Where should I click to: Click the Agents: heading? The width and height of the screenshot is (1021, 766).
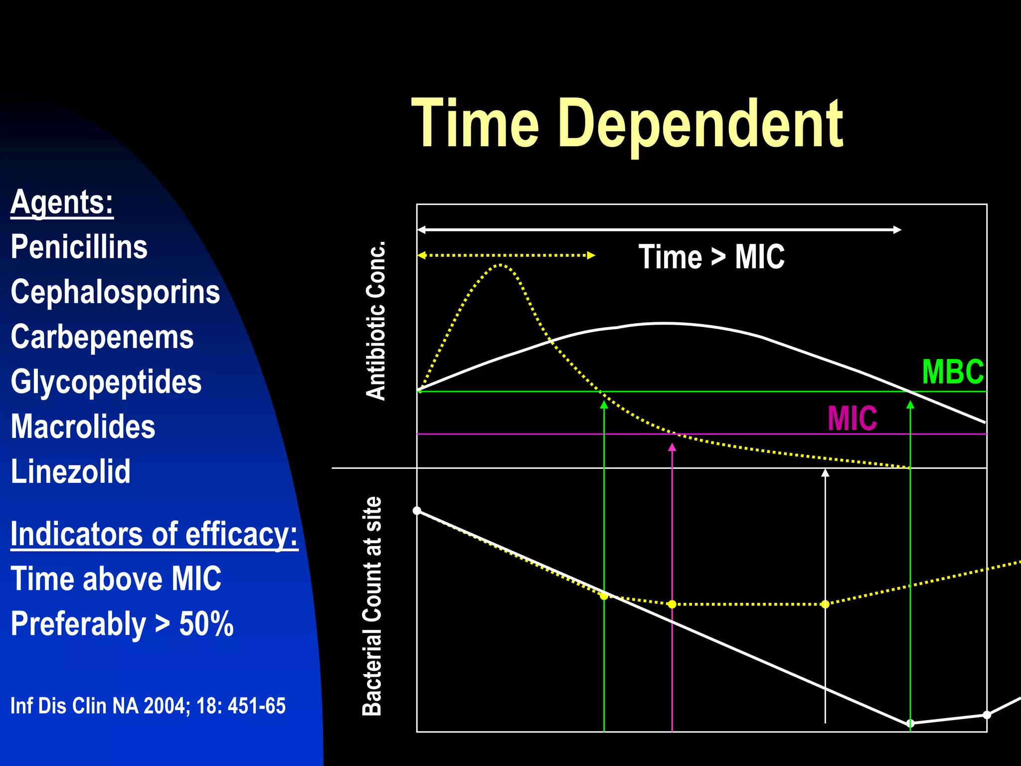point(62,202)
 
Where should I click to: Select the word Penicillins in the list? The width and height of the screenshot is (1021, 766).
point(79,247)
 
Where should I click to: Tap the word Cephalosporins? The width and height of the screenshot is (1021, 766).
point(115,292)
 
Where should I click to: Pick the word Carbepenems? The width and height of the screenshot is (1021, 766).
point(102,337)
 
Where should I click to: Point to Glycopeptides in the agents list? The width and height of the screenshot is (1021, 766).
point(106,382)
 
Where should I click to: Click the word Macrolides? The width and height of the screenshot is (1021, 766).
point(83,427)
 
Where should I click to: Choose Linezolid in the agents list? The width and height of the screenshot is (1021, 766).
point(70,472)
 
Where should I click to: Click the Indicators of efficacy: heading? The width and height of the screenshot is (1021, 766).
point(154,534)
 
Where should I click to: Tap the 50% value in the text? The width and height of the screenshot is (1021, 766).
point(206,624)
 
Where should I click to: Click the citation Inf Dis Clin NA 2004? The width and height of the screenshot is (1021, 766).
point(148,706)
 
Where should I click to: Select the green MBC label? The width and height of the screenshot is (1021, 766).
point(953,372)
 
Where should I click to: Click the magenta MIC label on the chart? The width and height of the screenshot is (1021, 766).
point(852,418)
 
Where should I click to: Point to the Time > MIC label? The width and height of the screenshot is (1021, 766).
point(711,257)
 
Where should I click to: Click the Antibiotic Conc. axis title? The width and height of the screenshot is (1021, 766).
point(376,321)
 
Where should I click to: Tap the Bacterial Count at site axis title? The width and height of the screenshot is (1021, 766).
point(372,606)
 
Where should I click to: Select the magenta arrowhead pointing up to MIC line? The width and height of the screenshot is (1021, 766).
point(672,447)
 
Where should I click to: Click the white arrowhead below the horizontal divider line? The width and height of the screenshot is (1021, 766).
point(825,473)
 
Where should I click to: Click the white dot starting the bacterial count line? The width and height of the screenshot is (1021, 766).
point(417,511)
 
